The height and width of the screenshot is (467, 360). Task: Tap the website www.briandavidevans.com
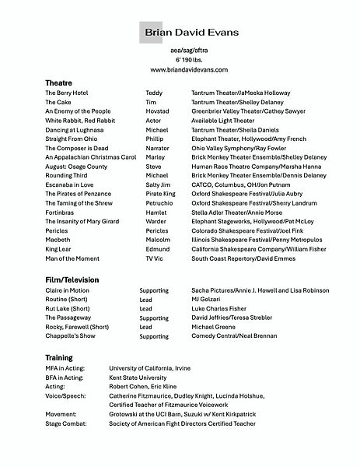coord(180,70)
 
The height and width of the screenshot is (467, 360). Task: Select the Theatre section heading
coord(59,82)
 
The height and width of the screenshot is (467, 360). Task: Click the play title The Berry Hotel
coord(66,93)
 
